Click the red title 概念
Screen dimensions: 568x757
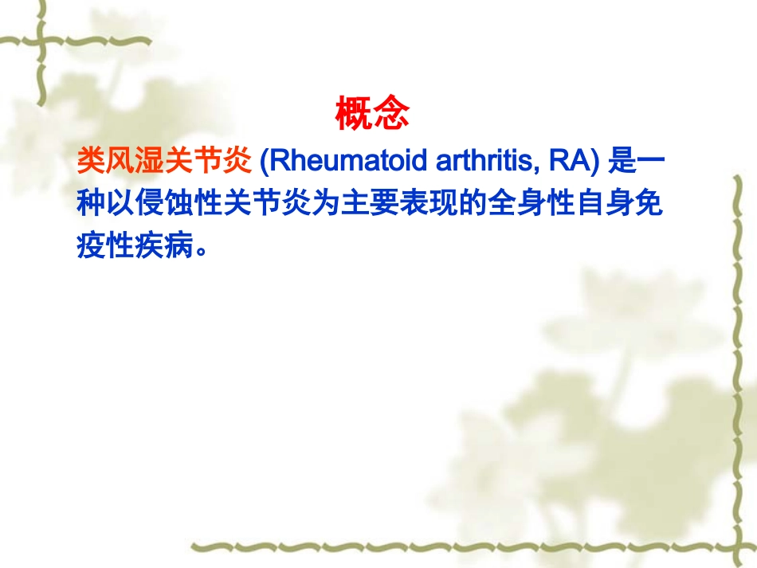(372, 114)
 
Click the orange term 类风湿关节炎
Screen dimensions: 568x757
(165, 163)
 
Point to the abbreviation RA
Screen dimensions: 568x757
(571, 163)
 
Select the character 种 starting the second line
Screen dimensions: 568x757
(92, 205)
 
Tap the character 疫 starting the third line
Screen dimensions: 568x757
(92, 247)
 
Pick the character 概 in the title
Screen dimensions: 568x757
(354, 114)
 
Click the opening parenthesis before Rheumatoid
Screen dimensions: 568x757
(265, 163)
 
